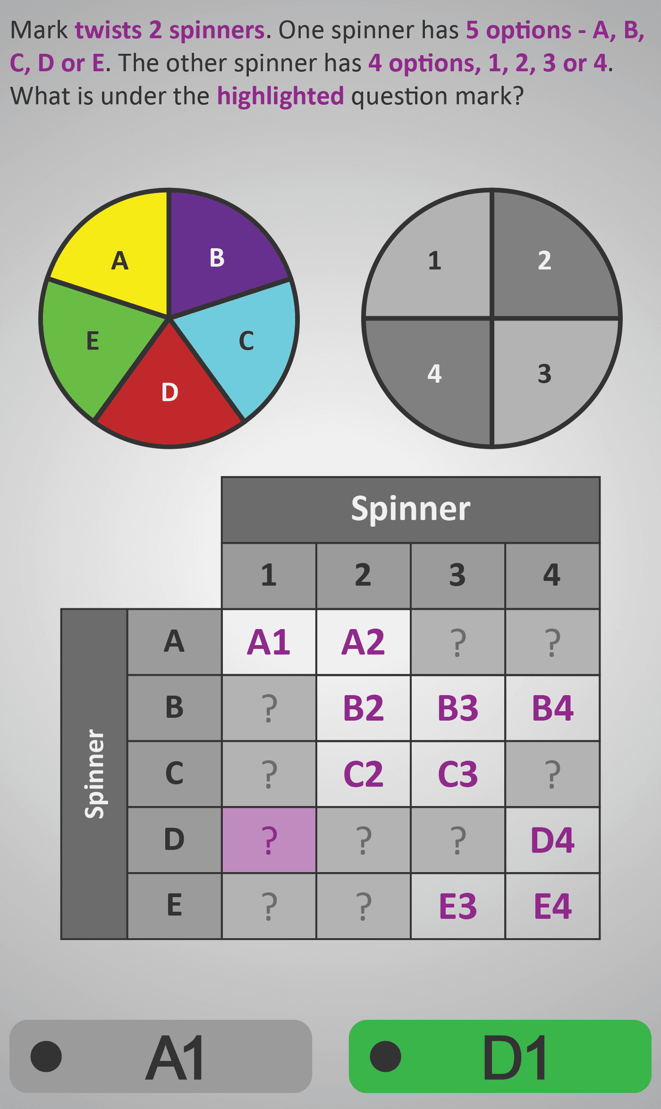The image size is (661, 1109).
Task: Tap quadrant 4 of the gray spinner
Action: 434,375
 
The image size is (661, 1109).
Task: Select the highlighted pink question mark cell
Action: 269,840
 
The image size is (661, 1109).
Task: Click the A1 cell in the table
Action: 269,642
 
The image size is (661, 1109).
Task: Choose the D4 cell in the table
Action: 552,840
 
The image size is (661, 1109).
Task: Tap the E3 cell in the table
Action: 458,906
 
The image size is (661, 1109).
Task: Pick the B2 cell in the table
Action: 364,708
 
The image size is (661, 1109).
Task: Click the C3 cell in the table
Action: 458,774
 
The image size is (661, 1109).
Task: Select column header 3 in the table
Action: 458,576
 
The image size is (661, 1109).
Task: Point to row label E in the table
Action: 174,906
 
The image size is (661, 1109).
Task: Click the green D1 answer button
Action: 500,1056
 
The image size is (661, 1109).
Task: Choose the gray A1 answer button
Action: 161,1056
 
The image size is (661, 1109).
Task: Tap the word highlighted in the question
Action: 280,96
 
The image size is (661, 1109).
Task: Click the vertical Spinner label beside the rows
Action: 94,774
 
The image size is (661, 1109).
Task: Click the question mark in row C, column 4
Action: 552,774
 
